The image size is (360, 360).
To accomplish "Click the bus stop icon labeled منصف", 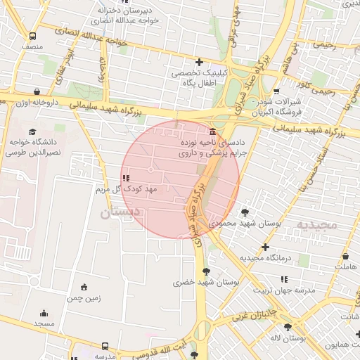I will click(x=32, y=36).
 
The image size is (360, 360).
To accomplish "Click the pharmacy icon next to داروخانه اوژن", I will click(x=37, y=91).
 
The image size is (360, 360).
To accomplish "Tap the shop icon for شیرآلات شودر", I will click(x=276, y=91).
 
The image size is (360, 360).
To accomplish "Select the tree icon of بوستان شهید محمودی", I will click(x=245, y=212).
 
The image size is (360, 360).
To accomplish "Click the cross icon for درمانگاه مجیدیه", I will click(x=265, y=247).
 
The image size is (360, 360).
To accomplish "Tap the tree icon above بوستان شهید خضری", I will click(x=205, y=271).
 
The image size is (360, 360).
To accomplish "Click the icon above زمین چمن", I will click(x=84, y=287).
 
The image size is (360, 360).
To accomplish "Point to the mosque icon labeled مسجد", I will click(x=44, y=314).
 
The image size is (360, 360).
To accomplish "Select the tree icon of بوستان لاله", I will click(x=288, y=328).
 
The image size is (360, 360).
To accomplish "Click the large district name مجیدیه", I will click(x=316, y=225).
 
